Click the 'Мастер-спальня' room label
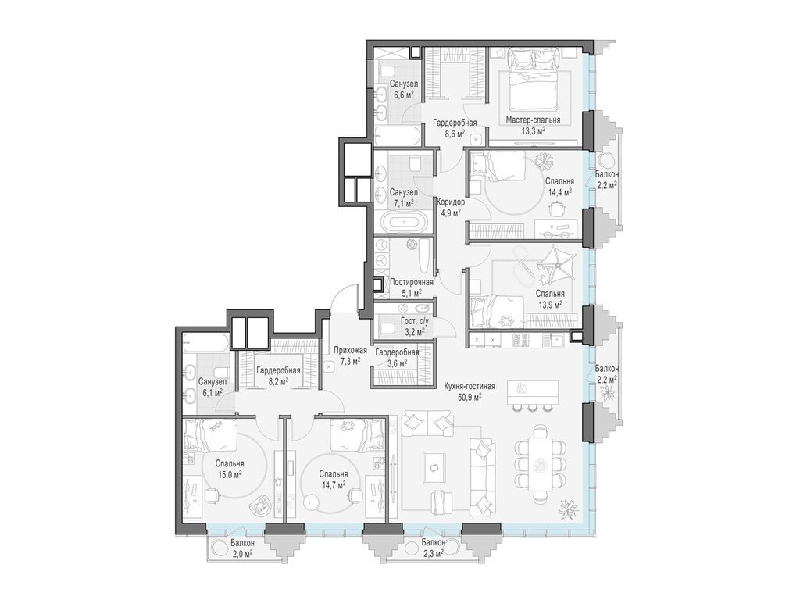(x=533, y=120)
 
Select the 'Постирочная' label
(x=411, y=282)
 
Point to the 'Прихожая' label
(x=351, y=350)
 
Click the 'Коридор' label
(x=451, y=202)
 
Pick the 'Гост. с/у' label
(x=411, y=321)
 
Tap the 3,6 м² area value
(x=397, y=362)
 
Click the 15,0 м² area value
(x=229, y=474)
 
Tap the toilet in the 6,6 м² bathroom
(x=387, y=70)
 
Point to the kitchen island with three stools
(x=533, y=392)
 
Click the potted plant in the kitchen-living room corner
(x=567, y=508)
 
